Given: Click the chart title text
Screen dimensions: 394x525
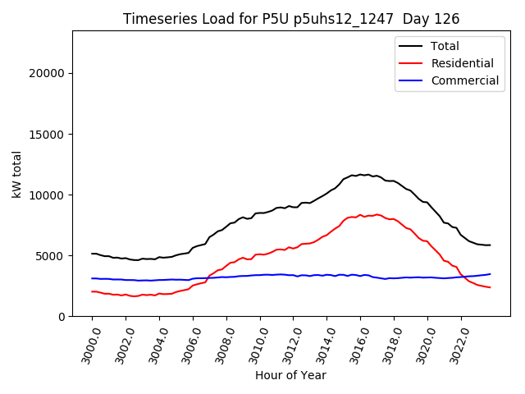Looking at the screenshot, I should (291, 19).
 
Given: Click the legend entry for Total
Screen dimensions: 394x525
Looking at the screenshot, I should (445, 46).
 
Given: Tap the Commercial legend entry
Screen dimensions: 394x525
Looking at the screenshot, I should (464, 80).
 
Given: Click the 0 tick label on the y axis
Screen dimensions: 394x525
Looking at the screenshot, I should (62, 316).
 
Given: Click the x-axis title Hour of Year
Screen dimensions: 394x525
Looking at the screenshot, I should (290, 375).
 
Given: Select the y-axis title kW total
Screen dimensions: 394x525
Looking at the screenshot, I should (16, 173).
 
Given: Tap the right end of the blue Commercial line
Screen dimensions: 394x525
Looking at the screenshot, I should (491, 274).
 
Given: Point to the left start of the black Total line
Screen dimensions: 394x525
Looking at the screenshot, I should (92, 254).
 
